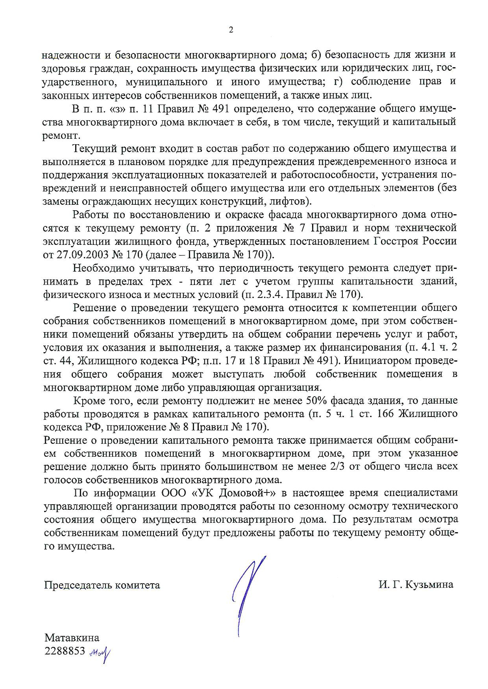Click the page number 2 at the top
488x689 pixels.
231,30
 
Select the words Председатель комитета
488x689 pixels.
102,585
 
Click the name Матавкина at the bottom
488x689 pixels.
72,638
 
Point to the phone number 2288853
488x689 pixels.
65,651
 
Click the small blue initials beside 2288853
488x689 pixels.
100,652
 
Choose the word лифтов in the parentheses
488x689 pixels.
287,202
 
